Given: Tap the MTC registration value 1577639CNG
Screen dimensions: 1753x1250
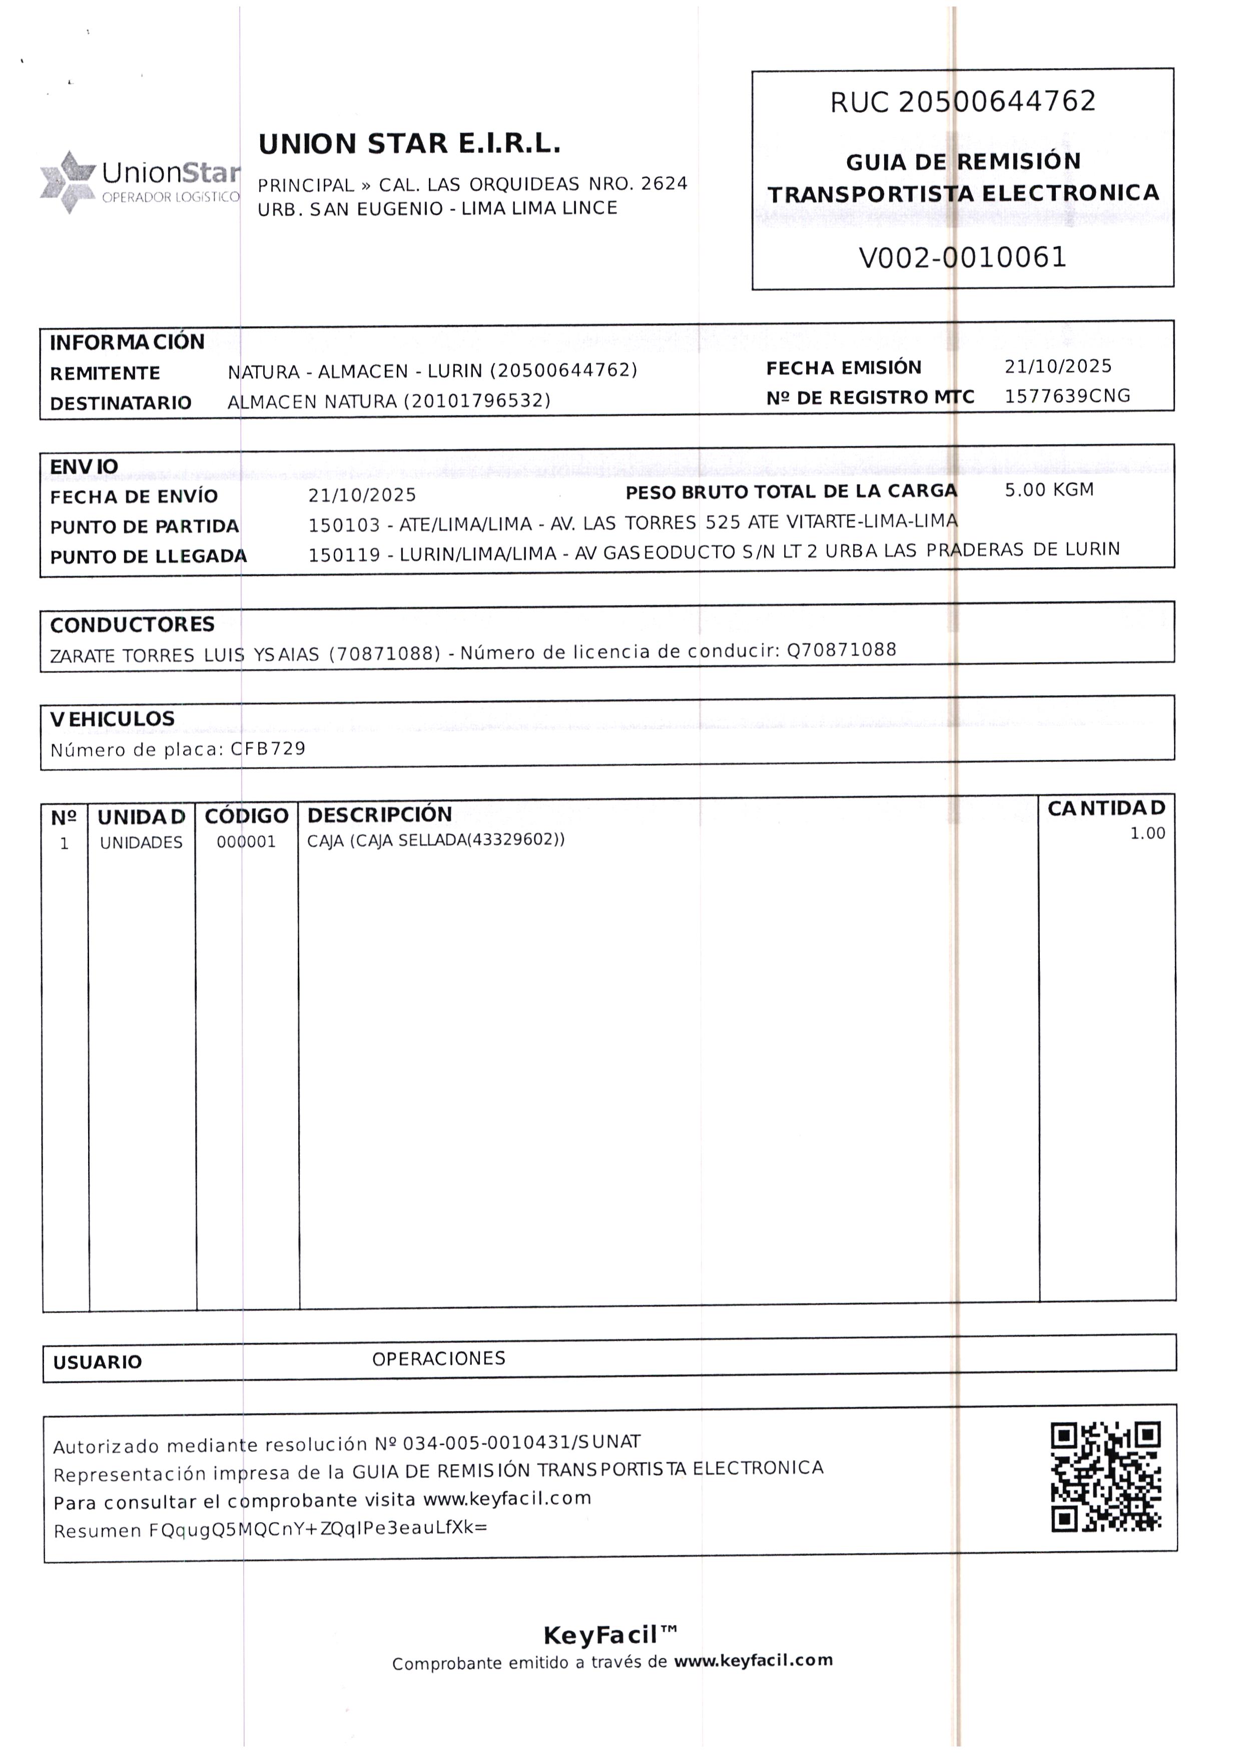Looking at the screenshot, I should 1067,396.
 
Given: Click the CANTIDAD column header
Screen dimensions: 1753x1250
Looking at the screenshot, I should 1106,808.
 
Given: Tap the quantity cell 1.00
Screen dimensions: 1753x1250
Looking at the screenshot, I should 1147,833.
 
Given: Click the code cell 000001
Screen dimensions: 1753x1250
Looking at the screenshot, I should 246,841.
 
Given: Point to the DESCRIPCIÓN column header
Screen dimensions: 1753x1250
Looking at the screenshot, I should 379,814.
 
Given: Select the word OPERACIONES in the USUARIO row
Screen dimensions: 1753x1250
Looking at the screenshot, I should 439,1359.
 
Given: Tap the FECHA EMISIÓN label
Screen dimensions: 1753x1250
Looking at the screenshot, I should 844,368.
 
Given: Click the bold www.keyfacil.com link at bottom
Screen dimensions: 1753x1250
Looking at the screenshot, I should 754,1660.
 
